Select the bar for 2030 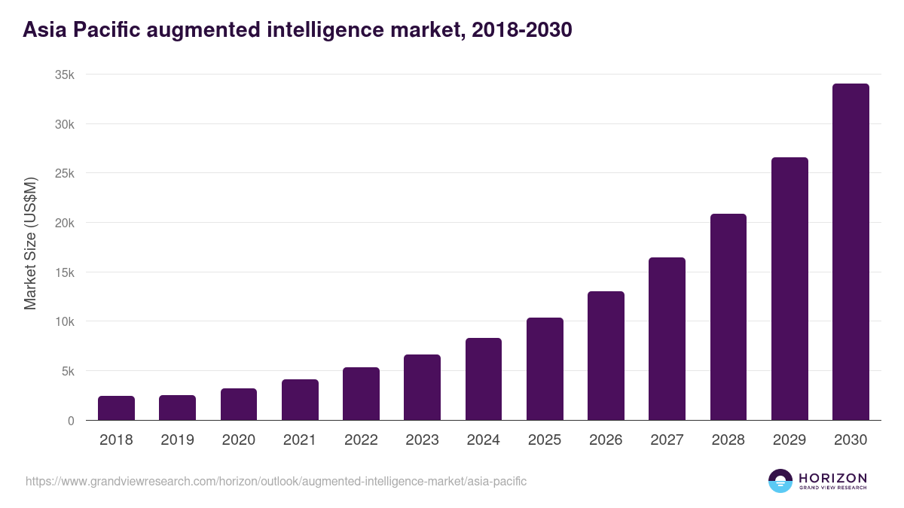tap(851, 252)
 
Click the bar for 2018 tap(116, 408)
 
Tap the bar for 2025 tap(545, 369)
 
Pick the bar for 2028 tap(728, 317)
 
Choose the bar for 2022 tap(361, 394)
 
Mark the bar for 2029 tap(789, 289)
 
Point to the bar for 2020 tap(239, 404)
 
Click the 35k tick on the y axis tap(65, 75)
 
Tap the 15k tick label tap(65, 272)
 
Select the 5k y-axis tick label tap(68, 371)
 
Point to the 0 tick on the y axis tap(71, 421)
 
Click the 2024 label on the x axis tap(483, 440)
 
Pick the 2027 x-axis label tap(667, 440)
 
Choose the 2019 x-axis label tap(177, 440)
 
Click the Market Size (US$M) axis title tap(30, 243)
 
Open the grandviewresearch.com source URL tap(276, 481)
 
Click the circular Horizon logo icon tap(780, 481)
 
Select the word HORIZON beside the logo tap(832, 477)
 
